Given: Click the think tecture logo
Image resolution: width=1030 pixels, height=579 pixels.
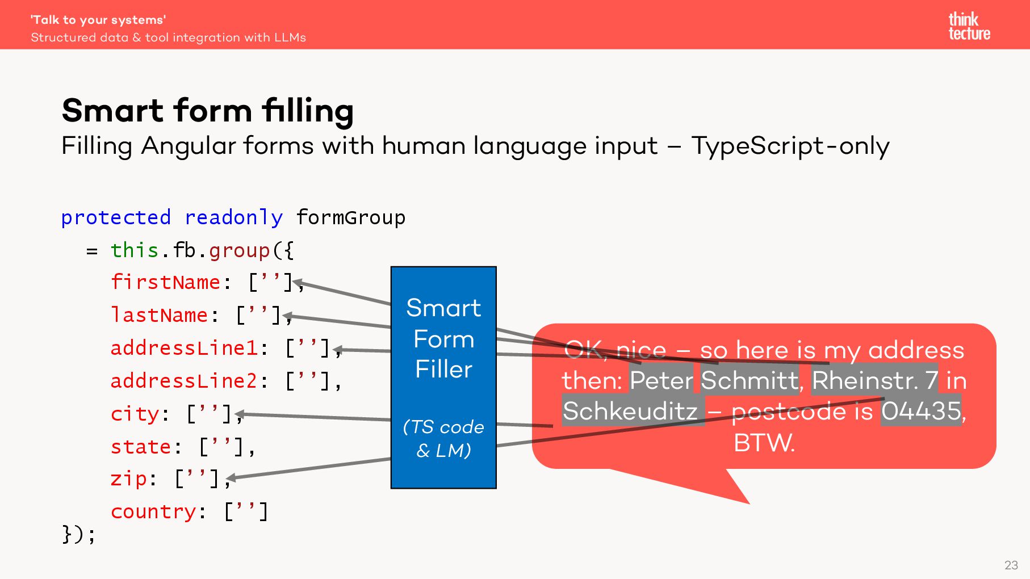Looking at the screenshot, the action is pos(969,26).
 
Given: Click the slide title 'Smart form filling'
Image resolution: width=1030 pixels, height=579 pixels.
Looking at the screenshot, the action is pos(208,110).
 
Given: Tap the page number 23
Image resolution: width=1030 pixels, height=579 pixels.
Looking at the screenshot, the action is pos(1011,565).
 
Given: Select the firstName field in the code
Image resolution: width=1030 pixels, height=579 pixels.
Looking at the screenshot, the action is pos(165,282).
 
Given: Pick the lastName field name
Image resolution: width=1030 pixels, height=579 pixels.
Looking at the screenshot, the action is pos(159,315).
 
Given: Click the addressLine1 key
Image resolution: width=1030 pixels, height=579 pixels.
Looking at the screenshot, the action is pos(184,348).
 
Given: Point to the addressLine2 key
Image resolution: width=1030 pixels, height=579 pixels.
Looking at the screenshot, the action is pos(184,381).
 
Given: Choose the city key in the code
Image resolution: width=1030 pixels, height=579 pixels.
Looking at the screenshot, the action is pos(135,414).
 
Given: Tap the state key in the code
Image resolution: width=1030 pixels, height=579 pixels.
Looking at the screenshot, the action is pos(140,447).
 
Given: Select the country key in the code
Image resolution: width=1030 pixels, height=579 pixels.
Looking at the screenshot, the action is pos(153,512).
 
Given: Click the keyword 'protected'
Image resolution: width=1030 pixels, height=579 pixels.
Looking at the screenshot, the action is pos(116,217).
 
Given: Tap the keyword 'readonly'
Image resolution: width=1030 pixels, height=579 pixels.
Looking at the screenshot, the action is pos(233,217).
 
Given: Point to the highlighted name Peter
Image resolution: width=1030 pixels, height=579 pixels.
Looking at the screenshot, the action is pos(661,380).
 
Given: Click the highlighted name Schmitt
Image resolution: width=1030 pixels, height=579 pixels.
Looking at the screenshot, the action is pos(750,380).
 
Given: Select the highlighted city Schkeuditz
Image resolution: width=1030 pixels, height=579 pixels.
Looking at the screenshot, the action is pos(630,411).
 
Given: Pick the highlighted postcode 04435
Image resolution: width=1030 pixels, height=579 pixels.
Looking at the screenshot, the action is pos(921,411).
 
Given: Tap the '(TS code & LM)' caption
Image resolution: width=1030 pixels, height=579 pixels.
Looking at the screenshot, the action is pos(443,438).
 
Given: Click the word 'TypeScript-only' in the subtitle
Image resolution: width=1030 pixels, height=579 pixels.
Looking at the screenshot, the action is pos(790,146).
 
